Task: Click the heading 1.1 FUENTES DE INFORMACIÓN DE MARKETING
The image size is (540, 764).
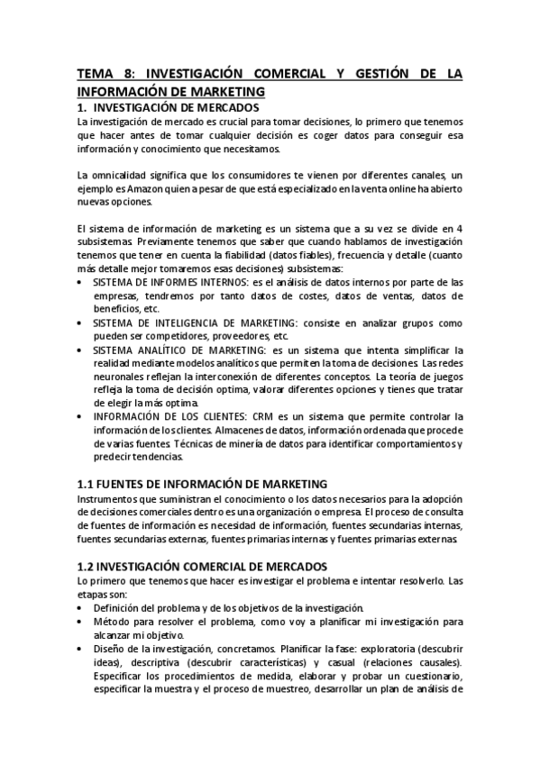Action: [x=202, y=484]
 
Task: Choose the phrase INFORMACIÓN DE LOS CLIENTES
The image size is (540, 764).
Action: [x=162, y=415]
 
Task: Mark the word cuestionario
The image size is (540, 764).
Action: [x=430, y=676]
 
